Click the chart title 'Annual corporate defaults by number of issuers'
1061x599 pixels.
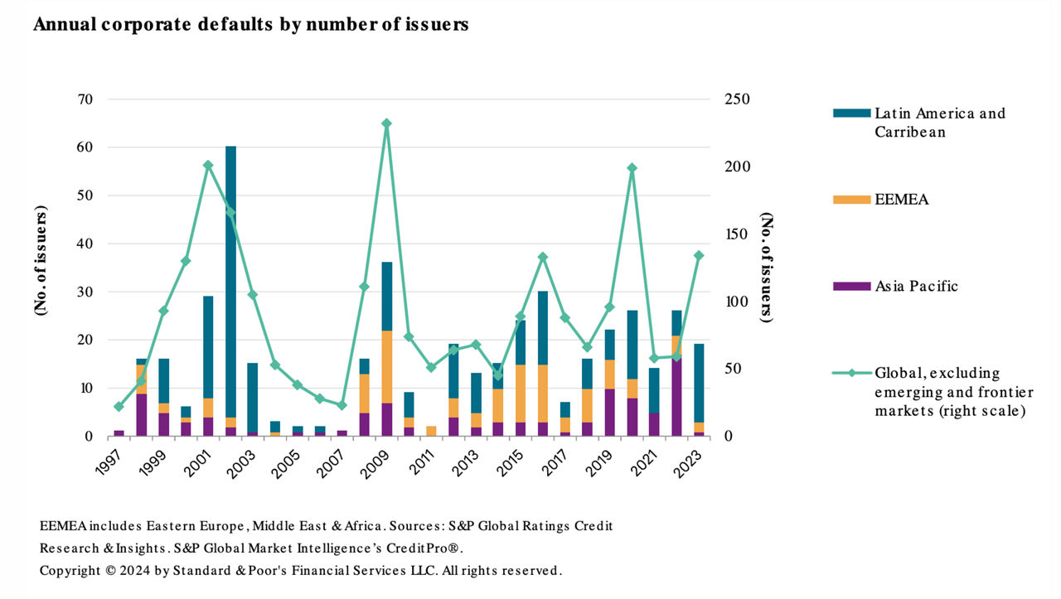tap(250, 25)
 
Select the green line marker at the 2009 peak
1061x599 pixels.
tap(386, 123)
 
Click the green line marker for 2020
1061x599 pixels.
tap(632, 168)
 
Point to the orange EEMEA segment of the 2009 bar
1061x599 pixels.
tap(386, 367)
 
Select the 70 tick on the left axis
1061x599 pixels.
tap(85, 99)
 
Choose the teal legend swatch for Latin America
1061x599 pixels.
tap(850, 113)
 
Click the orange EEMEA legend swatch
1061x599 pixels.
tap(850, 200)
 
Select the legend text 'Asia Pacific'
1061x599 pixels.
tap(916, 287)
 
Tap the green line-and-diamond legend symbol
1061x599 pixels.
tap(850, 373)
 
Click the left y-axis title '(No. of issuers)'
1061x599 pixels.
tap(41, 259)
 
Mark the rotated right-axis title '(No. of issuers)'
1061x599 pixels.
tap(767, 268)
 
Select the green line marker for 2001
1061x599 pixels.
tap(208, 165)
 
